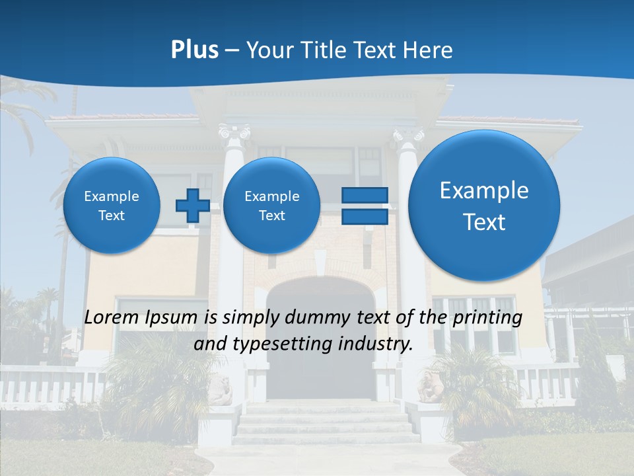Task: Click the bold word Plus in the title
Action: tap(194, 50)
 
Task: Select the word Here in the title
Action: tap(429, 50)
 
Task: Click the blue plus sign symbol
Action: tap(192, 206)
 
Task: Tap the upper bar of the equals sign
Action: tap(364, 195)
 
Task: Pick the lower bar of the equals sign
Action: tap(364, 217)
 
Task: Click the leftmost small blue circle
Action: tap(112, 206)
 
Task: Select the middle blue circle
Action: tap(271, 206)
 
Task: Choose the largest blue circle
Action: tap(484, 206)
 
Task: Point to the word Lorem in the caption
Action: tap(113, 317)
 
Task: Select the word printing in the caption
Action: tap(487, 318)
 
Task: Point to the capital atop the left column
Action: tap(234, 132)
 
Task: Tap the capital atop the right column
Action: tap(408, 136)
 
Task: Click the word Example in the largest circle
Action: tap(484, 190)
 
